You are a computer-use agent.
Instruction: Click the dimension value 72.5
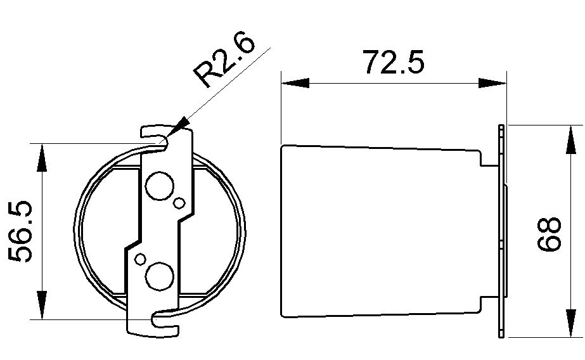[x=393, y=62]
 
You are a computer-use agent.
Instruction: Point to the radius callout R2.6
[x=224, y=61]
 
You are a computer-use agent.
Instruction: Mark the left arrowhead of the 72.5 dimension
[x=294, y=83]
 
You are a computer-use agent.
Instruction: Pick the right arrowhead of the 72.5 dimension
[x=493, y=83]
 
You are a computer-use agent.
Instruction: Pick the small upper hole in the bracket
[x=179, y=202]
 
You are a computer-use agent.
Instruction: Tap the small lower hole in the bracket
[x=139, y=259]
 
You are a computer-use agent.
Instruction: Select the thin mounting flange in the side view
[x=502, y=231]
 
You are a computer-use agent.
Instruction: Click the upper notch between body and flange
[x=489, y=158]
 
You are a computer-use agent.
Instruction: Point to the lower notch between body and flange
[x=489, y=304]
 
